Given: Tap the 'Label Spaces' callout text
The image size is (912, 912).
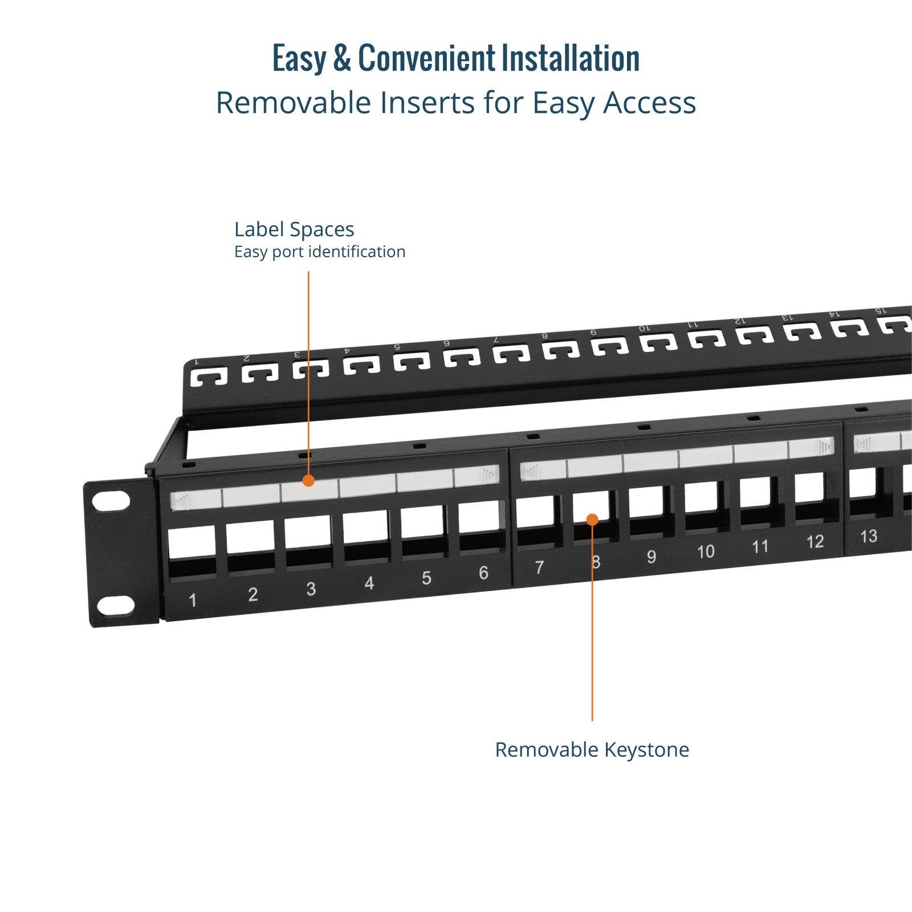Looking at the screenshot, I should [294, 229].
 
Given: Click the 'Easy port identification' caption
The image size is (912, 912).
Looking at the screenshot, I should [320, 252].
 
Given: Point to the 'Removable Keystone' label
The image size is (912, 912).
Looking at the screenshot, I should [592, 749].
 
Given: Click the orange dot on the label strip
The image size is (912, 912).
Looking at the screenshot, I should [308, 481].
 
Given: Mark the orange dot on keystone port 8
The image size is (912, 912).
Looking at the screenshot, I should [592, 519].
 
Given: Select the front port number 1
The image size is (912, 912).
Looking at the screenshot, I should [193, 600].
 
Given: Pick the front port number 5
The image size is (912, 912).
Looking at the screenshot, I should [426, 578].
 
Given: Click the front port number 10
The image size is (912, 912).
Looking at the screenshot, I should [706, 552].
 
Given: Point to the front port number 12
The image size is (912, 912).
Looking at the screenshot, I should [815, 542].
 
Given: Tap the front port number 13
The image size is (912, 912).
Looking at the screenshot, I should [868, 537].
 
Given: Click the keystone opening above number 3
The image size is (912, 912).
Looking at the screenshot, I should [308, 539].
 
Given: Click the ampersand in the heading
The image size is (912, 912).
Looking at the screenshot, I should [341, 58].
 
